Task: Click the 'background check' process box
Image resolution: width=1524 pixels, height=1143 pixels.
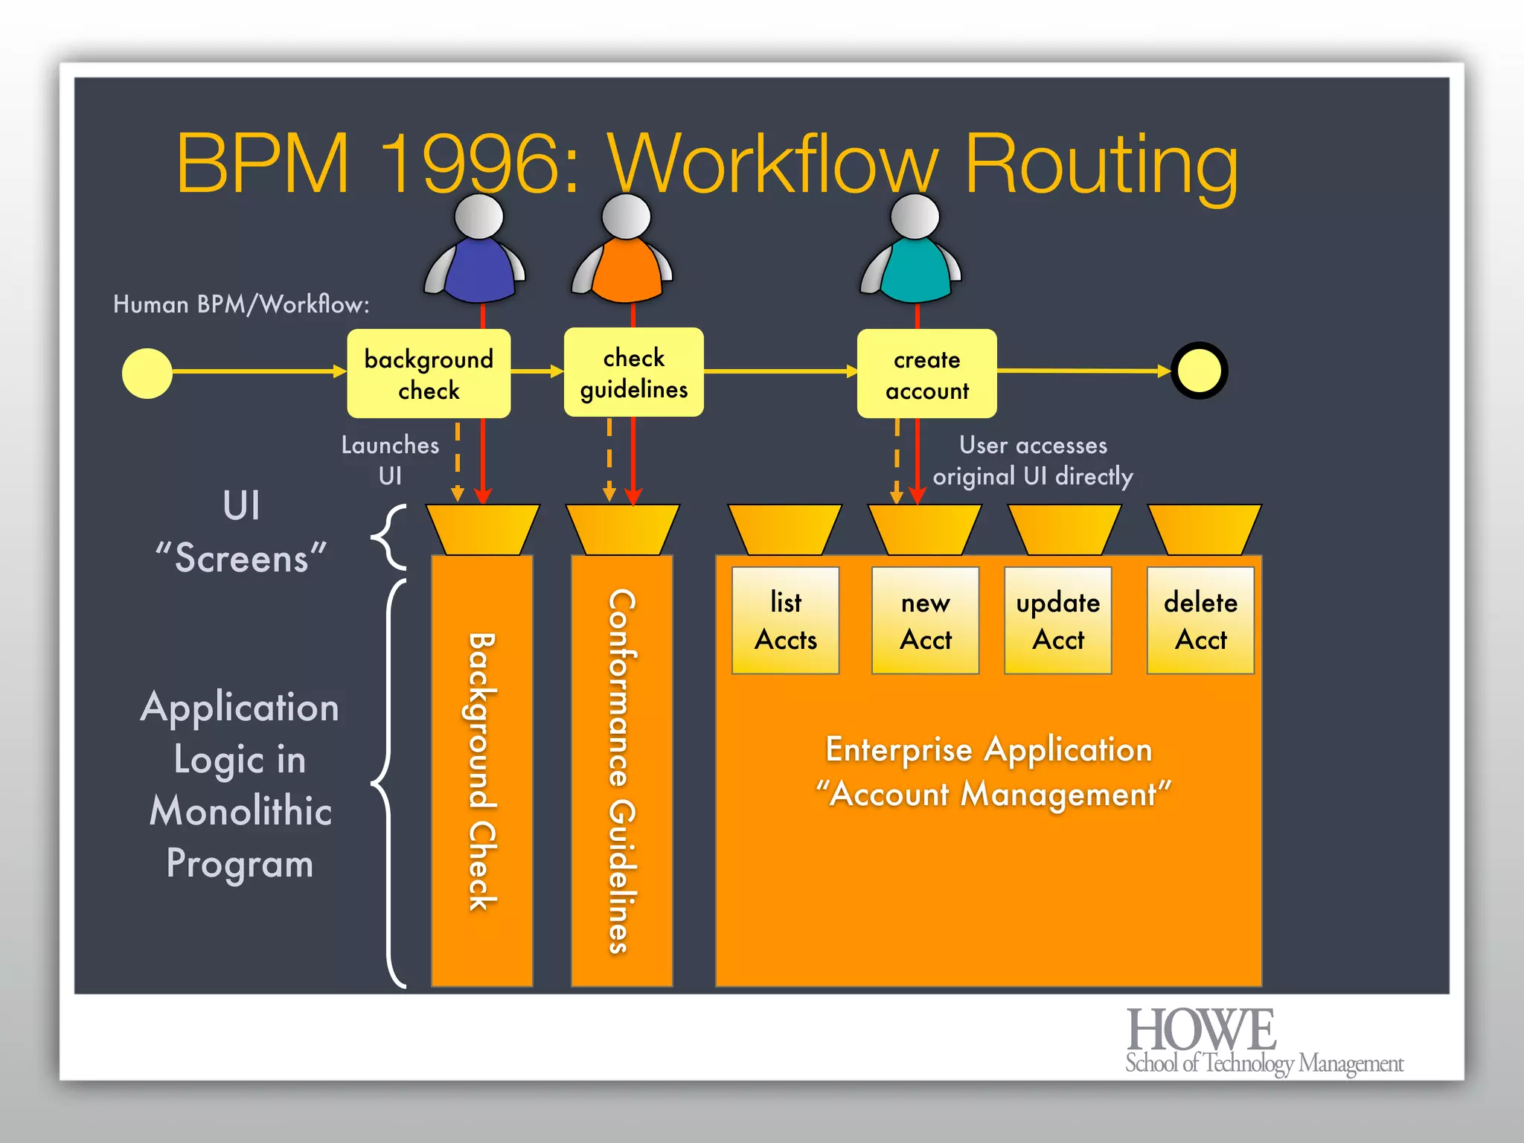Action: pyautogui.click(x=429, y=374)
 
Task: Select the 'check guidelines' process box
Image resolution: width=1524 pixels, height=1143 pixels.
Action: pyautogui.click(x=633, y=372)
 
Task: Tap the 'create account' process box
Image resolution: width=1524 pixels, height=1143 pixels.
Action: pyautogui.click(x=926, y=374)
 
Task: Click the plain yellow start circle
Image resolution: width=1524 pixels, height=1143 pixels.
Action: pyautogui.click(x=147, y=374)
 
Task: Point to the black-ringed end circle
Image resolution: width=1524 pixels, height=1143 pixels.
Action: pyautogui.click(x=1199, y=371)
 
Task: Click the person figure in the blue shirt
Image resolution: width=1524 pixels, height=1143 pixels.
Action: pyautogui.click(x=477, y=253)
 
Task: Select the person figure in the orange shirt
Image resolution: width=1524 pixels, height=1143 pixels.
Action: pyautogui.click(x=624, y=253)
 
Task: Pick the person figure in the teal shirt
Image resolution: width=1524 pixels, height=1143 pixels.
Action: pyautogui.click(x=912, y=253)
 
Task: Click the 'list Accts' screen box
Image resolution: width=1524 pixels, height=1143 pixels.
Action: pyautogui.click(x=785, y=621)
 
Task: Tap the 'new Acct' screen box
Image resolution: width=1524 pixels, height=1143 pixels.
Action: pyautogui.click(x=925, y=621)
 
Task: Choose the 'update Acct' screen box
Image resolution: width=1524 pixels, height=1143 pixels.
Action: pyautogui.click(x=1057, y=621)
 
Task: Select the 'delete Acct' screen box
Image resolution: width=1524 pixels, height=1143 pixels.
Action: pyautogui.click(x=1200, y=621)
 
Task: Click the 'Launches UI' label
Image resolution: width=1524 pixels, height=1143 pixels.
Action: pyautogui.click(x=390, y=460)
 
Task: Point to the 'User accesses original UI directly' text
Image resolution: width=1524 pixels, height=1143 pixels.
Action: pyautogui.click(x=1033, y=461)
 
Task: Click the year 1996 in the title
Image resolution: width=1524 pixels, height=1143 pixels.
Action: pyautogui.click(x=480, y=164)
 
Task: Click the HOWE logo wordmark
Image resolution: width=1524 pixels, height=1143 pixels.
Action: pyautogui.click(x=1201, y=1030)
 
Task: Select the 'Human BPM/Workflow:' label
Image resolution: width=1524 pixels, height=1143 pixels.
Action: pyautogui.click(x=241, y=304)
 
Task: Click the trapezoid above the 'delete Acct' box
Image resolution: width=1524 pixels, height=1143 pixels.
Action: pyautogui.click(x=1204, y=529)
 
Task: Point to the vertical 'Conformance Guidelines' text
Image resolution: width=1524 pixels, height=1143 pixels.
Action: pyautogui.click(x=622, y=771)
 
